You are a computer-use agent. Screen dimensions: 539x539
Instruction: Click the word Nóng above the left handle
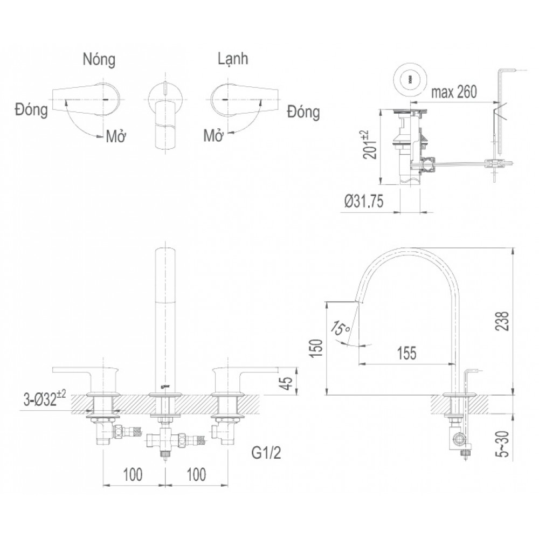pos(99,60)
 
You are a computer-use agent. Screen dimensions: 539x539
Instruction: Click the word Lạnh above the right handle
pos(233,59)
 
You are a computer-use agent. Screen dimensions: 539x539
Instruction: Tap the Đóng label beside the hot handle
pos(32,110)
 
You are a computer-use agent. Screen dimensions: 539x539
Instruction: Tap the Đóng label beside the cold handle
pos(303,113)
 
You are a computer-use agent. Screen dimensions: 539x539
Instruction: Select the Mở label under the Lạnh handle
pos(215,135)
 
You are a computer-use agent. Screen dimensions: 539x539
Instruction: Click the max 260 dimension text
pos(454,92)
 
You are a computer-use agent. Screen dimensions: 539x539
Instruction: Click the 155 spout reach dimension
pos(407,353)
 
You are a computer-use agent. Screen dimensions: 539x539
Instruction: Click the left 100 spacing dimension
pos(133,474)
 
